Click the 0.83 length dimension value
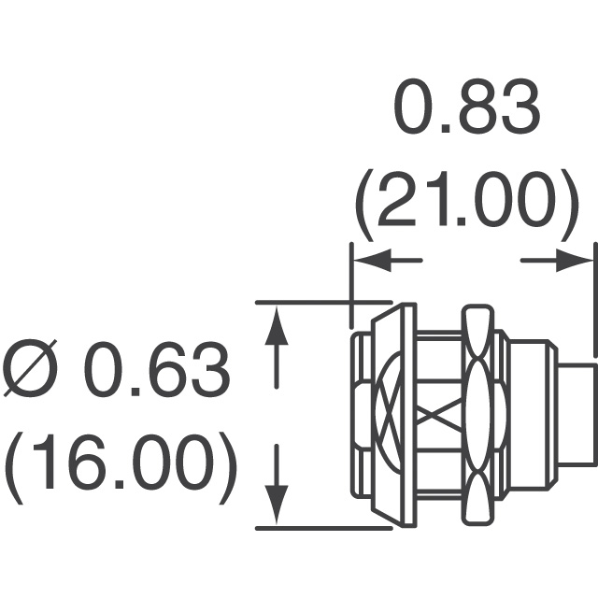point(466,106)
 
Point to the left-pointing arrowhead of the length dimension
point(373,261)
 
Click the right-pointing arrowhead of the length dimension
point(575,261)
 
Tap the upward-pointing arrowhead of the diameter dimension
point(277,325)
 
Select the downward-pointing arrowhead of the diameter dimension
point(277,505)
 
